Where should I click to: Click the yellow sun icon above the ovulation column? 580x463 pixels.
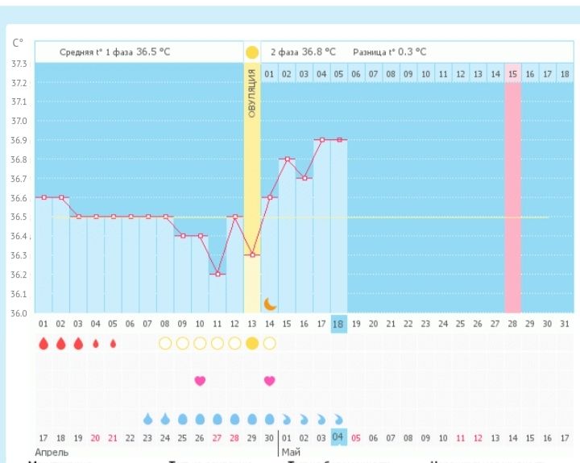(x=252, y=52)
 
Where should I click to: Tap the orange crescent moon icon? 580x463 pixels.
(x=270, y=304)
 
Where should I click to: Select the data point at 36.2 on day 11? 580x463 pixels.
(x=217, y=274)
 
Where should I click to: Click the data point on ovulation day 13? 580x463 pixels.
(x=252, y=254)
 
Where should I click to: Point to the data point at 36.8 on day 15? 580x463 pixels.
(x=287, y=159)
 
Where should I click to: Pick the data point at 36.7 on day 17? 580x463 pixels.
(x=304, y=178)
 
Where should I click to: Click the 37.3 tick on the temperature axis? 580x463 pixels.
(x=19, y=64)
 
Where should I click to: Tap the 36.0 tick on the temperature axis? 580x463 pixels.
(x=19, y=313)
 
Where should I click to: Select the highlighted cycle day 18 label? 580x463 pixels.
(x=339, y=324)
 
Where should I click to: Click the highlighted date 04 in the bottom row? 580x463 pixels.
(x=339, y=438)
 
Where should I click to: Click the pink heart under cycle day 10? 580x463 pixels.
(x=200, y=380)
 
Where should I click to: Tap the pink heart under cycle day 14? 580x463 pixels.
(x=270, y=380)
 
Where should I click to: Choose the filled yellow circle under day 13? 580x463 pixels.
(x=252, y=344)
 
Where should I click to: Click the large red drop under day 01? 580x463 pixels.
(x=43, y=344)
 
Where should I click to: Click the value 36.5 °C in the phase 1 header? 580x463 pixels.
(x=152, y=52)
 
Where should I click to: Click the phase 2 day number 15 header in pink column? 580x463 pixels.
(x=513, y=74)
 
